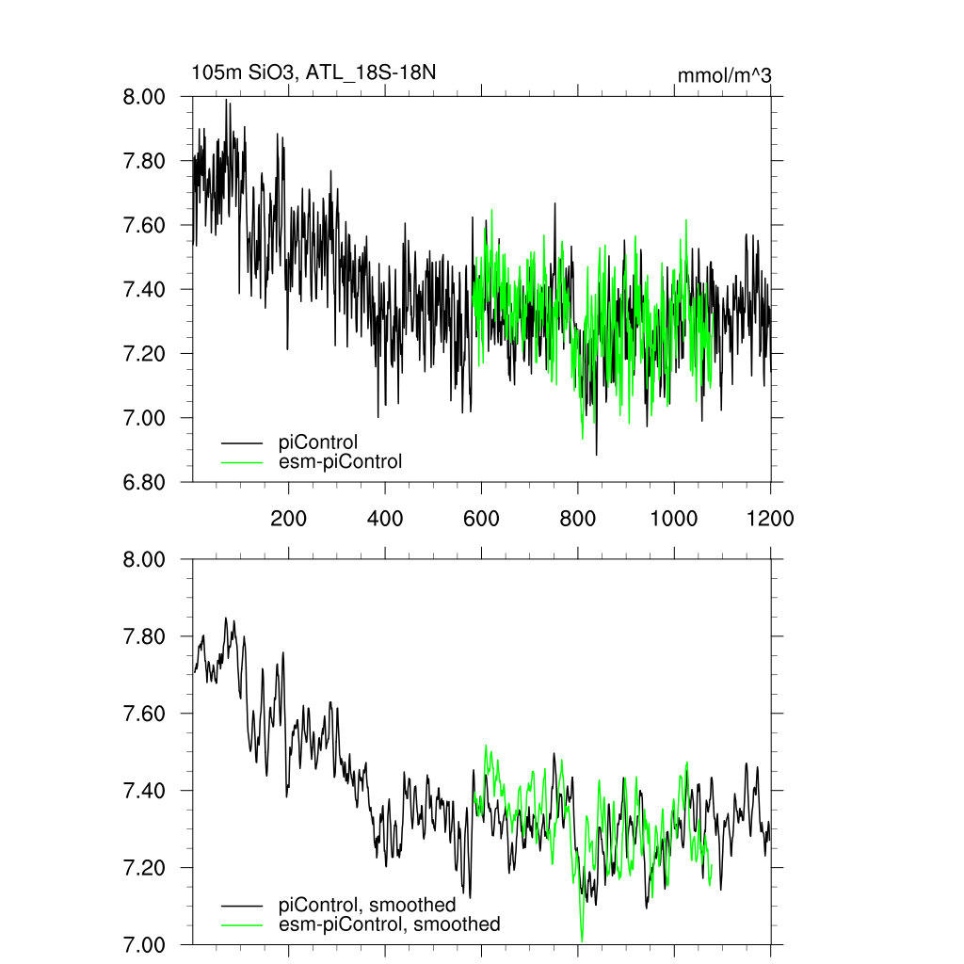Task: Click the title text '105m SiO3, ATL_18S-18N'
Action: pos(313,72)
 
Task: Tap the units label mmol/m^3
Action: pos(725,75)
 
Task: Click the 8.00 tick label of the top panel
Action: pos(145,97)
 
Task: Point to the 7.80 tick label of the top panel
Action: pos(145,161)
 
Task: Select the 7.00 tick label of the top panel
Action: pos(145,418)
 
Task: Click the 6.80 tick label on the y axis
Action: pos(145,482)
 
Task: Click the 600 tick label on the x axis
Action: pos(481,518)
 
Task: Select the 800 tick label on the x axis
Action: pos(577,518)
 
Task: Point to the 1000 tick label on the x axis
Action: pos(674,518)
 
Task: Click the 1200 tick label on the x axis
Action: pos(770,518)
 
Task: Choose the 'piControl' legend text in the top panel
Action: pos(318,442)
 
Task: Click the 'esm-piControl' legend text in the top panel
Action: pos(341,461)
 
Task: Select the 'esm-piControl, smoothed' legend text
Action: pos(390,924)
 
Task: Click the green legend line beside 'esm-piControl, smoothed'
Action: pos(240,925)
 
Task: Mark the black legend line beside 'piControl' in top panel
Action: pos(240,442)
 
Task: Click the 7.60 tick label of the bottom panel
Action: pos(145,714)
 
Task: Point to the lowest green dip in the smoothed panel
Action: pos(582,940)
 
